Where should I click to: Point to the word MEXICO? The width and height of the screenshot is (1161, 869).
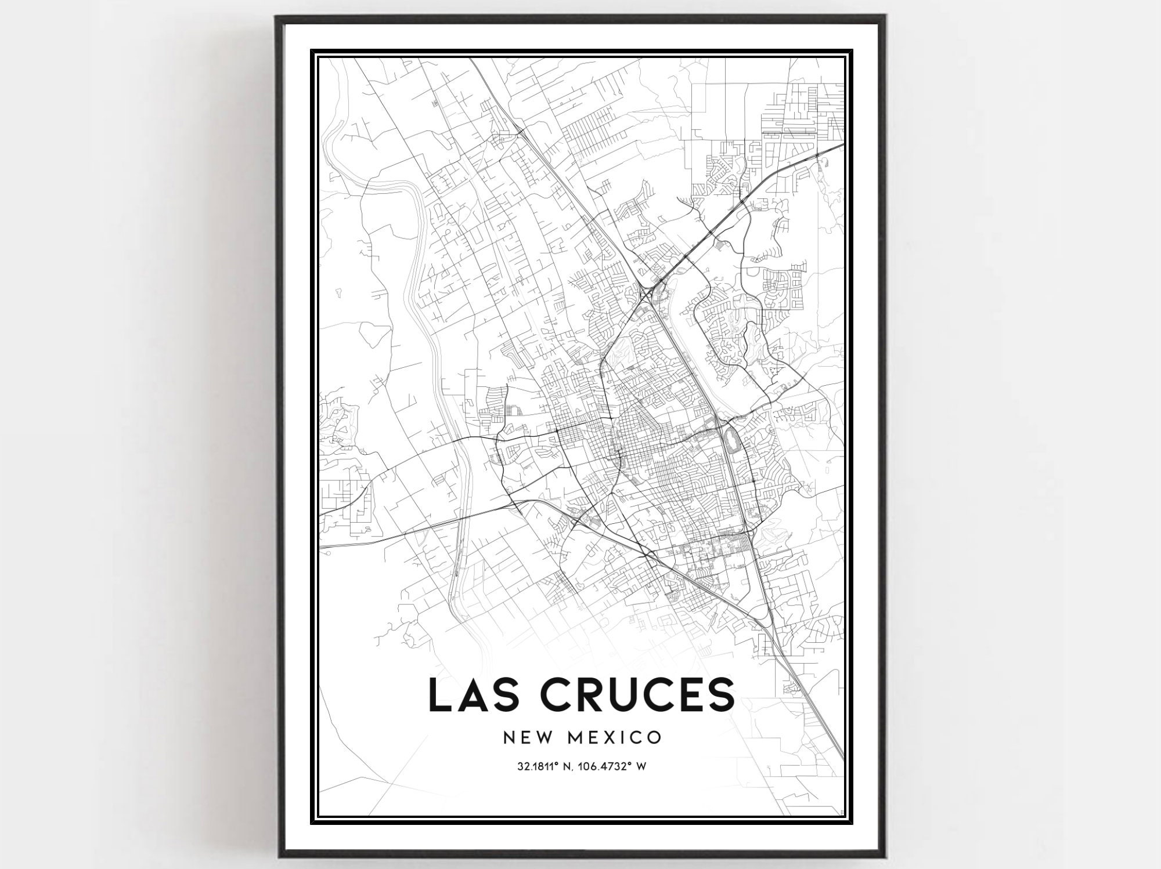(x=615, y=737)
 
